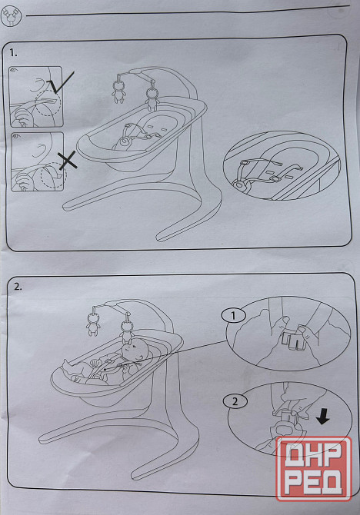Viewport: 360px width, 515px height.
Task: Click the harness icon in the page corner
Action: [11, 16]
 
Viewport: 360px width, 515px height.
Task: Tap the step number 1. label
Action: [14, 53]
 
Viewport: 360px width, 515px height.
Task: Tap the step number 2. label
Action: [18, 287]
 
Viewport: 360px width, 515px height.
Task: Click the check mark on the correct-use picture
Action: [61, 82]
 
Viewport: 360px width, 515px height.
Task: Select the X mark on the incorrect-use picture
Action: [68, 161]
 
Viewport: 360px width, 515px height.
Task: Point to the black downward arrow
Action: [322, 417]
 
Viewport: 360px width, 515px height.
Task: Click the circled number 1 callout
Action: [233, 316]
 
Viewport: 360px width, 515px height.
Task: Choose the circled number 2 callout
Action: [235, 401]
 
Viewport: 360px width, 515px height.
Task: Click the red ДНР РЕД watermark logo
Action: [314, 469]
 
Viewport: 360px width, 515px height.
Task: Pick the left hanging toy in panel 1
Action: [118, 88]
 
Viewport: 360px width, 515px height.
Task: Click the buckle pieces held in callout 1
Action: [294, 341]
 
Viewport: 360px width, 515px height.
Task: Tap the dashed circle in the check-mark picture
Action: [48, 102]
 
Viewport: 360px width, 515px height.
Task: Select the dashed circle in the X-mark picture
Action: [54, 175]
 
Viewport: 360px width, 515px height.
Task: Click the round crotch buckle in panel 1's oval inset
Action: [240, 186]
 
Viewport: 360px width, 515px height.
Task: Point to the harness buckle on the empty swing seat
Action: [125, 141]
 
